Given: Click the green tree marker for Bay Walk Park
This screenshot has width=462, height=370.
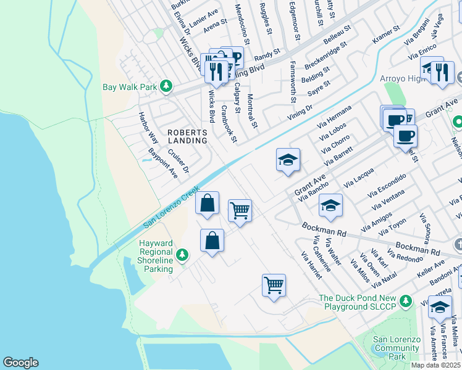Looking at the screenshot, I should (x=166, y=87).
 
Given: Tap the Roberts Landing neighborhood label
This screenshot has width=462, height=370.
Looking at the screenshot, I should (x=187, y=136).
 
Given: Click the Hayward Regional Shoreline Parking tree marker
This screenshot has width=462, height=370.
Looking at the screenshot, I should (x=182, y=255).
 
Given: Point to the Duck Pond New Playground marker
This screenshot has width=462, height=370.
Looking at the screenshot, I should (x=405, y=301).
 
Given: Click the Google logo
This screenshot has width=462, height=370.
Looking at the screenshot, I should (x=20, y=363).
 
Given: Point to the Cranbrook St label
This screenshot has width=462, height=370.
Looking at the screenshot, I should (x=229, y=125).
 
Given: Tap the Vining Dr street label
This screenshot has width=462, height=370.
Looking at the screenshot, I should (x=300, y=112).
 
